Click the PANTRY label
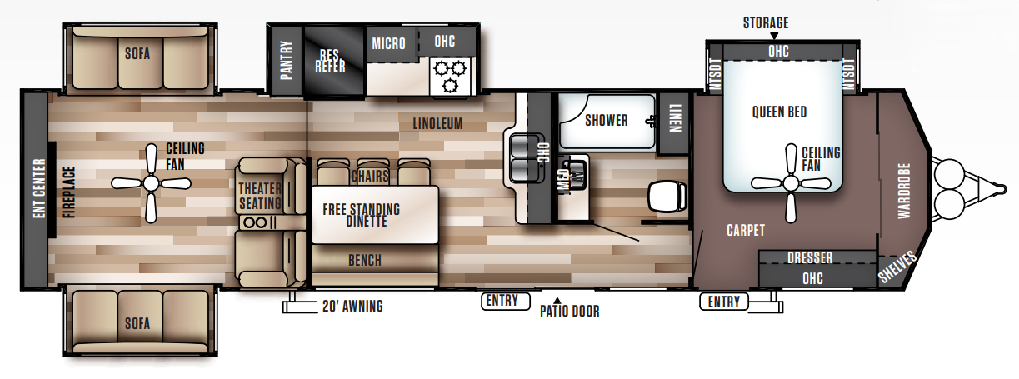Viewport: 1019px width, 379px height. tap(286, 60)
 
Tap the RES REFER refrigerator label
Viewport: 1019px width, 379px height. tap(330, 60)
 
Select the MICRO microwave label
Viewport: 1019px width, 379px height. tap(388, 43)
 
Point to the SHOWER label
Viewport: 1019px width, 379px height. tap(606, 120)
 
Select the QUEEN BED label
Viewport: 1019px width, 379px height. tap(779, 112)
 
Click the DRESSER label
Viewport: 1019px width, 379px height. tap(810, 258)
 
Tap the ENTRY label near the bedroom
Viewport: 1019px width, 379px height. tap(724, 302)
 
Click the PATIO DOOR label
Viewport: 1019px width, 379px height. tap(569, 312)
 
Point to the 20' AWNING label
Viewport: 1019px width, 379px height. tap(352, 306)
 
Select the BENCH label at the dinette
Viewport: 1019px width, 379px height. tap(364, 261)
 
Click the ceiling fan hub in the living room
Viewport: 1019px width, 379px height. tap(151, 182)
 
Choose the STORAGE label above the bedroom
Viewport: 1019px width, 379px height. tap(765, 22)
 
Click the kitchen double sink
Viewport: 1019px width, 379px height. tap(526, 157)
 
